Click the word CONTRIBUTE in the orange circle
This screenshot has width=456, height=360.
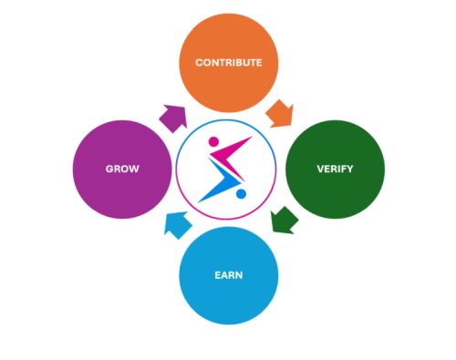click(228, 63)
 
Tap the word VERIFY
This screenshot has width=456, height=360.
click(335, 170)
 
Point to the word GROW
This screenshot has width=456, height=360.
click(121, 170)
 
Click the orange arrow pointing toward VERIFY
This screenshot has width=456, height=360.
click(279, 114)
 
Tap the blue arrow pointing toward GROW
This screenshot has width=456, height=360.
click(177, 223)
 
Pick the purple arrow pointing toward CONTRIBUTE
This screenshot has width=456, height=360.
click(172, 117)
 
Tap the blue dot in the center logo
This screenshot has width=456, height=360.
click(240, 193)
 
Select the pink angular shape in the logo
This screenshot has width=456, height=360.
click(233, 149)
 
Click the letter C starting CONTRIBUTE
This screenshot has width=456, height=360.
click(199, 63)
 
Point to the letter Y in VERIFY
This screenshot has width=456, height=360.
click(353, 170)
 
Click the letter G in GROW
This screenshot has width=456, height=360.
click(108, 170)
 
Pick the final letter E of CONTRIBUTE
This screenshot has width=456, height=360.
click(259, 63)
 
